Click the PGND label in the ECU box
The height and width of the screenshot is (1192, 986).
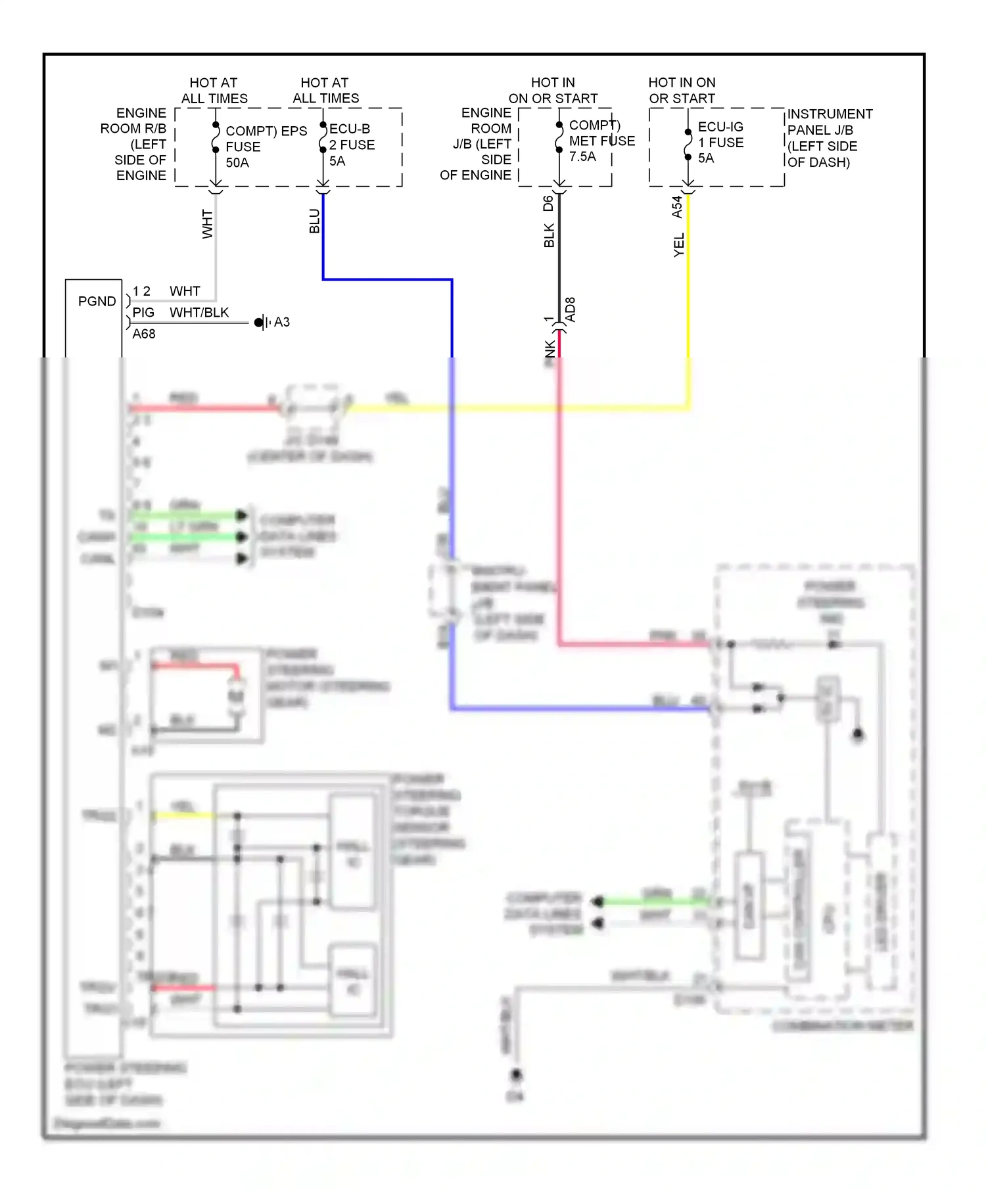coord(97,301)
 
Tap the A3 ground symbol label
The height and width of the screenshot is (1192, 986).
coord(281,322)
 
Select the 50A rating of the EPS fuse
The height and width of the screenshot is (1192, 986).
coord(237,162)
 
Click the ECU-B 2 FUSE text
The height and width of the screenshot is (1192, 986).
coord(352,137)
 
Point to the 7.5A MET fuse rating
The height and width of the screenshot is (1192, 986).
coord(582,156)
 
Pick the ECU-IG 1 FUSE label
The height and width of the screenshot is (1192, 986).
coord(720,135)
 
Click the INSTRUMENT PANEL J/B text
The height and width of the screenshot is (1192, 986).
coord(830,122)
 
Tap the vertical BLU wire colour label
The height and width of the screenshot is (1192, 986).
coord(314,221)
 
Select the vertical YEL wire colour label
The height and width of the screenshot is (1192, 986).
coord(679,244)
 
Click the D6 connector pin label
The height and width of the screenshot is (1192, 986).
coord(548,203)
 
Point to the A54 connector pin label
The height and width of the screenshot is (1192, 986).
coord(677,206)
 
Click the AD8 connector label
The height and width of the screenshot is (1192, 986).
coord(571,309)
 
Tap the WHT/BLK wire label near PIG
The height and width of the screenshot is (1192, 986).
coord(199,312)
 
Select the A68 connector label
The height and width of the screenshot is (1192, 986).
coord(144,334)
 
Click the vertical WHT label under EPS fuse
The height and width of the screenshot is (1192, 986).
coord(207,224)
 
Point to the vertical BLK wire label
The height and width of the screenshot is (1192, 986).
coord(549,235)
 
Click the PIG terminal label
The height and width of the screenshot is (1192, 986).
coord(143,312)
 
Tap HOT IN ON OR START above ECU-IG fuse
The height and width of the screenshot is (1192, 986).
coord(682,90)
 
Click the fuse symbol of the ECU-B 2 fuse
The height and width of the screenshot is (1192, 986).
coord(323,137)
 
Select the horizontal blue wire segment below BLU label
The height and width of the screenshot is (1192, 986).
coord(387,280)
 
